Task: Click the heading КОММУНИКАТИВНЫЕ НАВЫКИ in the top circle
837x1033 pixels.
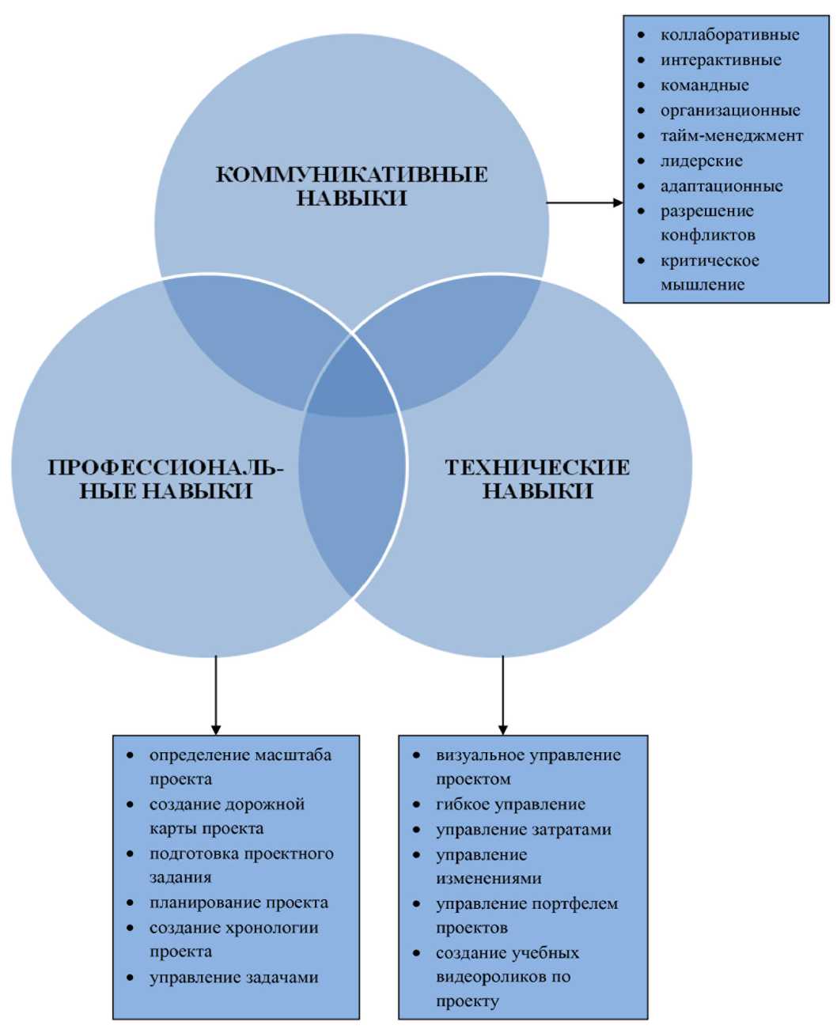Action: click(351, 185)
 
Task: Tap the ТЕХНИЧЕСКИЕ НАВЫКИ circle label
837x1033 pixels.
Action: click(537, 479)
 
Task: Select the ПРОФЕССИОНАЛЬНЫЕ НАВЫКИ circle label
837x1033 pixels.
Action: click(165, 479)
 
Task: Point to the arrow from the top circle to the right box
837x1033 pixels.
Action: click(585, 202)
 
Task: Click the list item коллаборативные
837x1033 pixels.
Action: click(729, 35)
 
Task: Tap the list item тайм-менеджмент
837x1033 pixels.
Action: click(732, 136)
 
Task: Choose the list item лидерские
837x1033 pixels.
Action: click(702, 161)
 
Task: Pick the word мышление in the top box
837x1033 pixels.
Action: click(703, 285)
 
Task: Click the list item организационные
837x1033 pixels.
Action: click(730, 111)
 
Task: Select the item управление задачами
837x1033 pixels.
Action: click(234, 978)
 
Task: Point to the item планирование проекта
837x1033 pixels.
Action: click(239, 902)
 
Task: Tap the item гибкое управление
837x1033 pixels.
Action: click(510, 804)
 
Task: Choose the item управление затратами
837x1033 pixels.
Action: click(524, 830)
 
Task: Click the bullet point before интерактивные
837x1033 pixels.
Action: click(642, 60)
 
